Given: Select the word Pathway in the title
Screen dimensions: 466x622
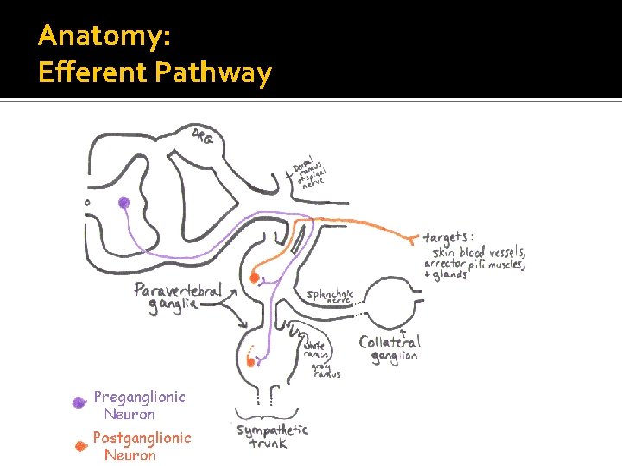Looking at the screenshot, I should click(x=213, y=73).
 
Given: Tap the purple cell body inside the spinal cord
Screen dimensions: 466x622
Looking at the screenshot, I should click(x=124, y=203).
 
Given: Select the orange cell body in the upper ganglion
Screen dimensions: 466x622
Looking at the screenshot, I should click(x=254, y=278).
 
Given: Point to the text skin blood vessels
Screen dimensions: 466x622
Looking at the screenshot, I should click(x=478, y=252).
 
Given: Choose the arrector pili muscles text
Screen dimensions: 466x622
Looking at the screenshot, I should click(x=473, y=264).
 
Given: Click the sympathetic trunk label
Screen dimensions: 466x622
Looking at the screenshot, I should click(x=272, y=436).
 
